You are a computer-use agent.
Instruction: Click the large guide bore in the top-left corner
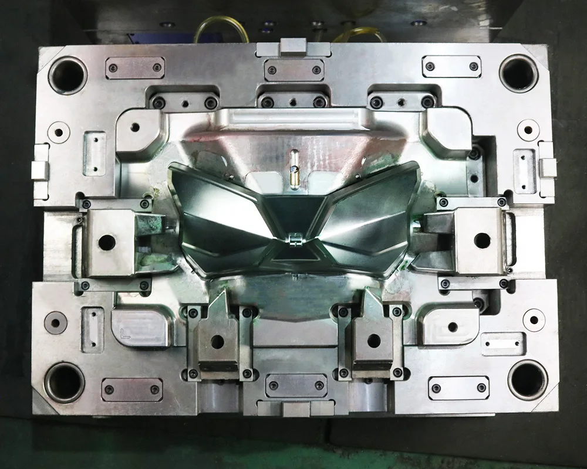coord(68,75)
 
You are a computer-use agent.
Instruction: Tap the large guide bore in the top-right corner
coord(518,73)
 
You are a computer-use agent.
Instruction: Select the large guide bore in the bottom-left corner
coord(64,382)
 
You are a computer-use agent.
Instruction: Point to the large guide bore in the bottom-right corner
coord(527,380)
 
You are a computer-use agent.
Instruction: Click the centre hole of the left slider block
coord(107,241)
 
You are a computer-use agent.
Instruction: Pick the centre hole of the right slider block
coord(481,240)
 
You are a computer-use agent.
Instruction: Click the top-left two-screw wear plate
coord(134,67)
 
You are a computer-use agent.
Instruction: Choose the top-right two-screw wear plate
coord(451,66)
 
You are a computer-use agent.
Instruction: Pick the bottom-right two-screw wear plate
coord(458,388)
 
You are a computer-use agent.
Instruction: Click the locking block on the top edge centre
coord(293,46)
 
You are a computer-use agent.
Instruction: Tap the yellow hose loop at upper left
coord(217,29)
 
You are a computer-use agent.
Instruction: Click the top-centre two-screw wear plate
coord(293,70)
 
